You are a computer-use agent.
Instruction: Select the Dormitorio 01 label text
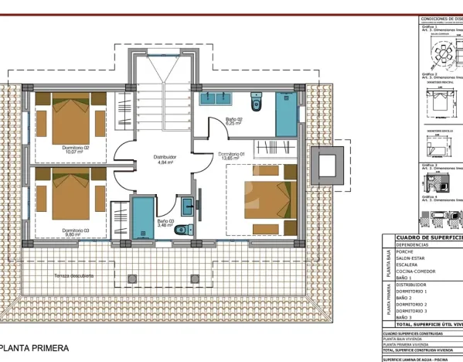232,155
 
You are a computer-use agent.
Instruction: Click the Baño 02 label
233,120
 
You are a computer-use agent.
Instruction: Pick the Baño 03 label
165,222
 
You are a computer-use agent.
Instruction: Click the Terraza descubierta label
74,275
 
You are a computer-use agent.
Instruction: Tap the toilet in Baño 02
257,101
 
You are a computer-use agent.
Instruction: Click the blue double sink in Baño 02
218,97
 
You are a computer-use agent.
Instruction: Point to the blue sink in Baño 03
188,206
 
